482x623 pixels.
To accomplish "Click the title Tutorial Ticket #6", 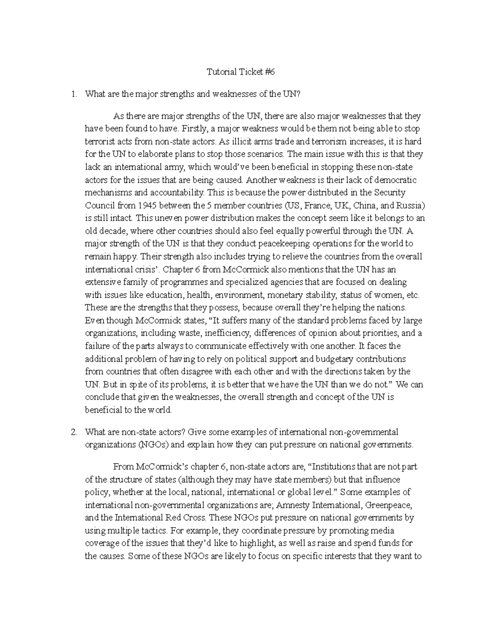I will [x=241, y=72].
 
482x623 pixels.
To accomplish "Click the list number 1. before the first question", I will [x=74, y=95].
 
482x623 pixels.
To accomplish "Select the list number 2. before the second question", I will [x=74, y=432].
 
